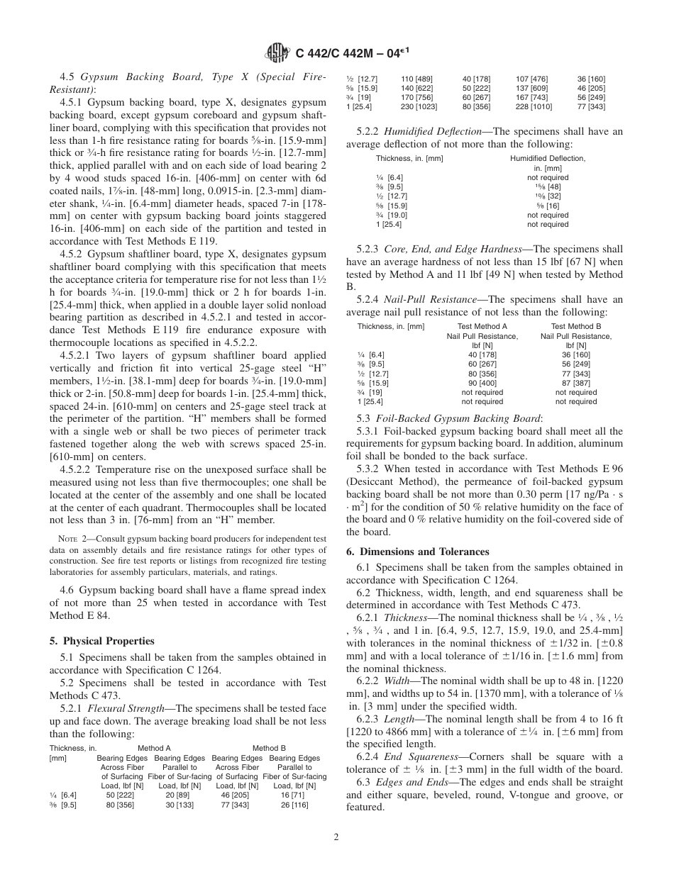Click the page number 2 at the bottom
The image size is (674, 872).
pos(336,837)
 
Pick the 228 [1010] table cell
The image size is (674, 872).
pos(531,106)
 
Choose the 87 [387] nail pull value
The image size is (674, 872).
pos(575,383)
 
